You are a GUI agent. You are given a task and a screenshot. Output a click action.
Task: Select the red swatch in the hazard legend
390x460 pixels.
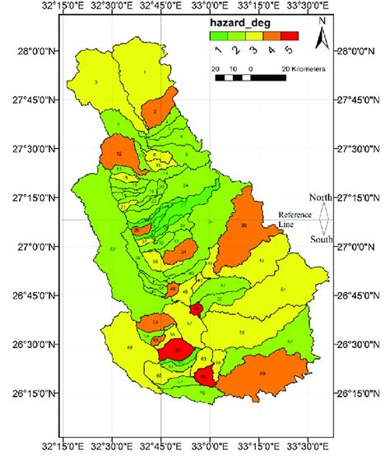[290, 36]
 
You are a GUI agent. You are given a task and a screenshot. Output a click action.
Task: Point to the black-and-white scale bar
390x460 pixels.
[247, 77]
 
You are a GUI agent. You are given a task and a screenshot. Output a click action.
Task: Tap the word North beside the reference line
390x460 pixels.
[321, 197]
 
